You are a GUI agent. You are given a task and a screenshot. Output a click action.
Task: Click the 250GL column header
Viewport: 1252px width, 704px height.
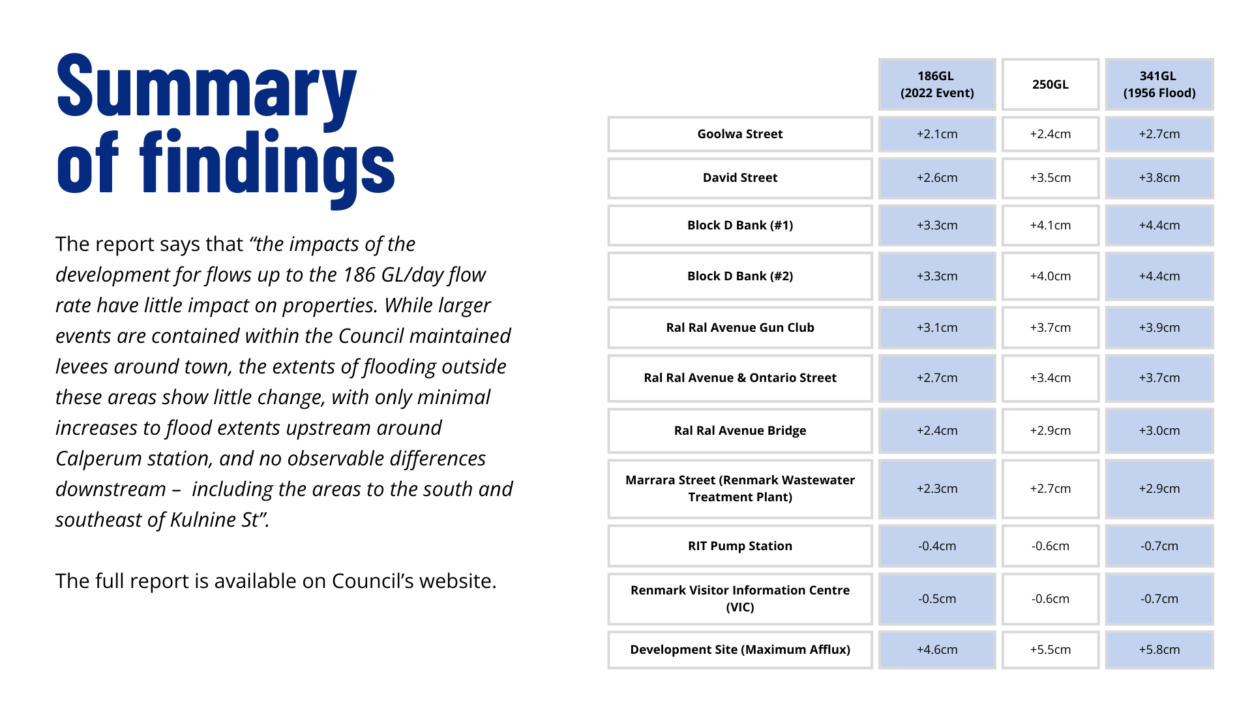[x=1051, y=85]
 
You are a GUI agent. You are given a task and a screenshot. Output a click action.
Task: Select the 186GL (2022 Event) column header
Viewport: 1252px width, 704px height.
[x=937, y=85]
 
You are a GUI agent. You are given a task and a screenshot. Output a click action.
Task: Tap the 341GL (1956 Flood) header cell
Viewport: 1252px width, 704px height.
[x=1159, y=85]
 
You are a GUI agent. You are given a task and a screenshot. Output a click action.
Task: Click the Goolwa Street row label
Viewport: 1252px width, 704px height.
[x=740, y=134]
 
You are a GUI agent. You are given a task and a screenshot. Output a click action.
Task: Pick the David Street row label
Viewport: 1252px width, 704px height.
[x=740, y=178]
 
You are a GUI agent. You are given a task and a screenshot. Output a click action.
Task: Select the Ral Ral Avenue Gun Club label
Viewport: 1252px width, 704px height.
[x=740, y=328]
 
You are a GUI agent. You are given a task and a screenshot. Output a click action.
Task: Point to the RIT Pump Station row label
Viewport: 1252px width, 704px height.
[x=740, y=546]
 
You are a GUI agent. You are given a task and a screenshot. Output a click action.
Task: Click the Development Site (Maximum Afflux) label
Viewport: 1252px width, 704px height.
[x=740, y=650]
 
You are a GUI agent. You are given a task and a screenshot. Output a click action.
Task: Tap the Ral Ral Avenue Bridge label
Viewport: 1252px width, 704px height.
[x=740, y=431]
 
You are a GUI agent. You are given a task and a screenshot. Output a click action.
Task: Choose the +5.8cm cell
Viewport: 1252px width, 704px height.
[x=1159, y=650]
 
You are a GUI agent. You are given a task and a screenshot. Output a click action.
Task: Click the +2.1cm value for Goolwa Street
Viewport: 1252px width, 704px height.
[x=937, y=134]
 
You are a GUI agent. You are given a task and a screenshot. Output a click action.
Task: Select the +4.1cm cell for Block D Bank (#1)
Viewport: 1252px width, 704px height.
[x=1051, y=226]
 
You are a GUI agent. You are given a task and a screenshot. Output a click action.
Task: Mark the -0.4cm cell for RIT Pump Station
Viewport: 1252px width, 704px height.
[x=937, y=546]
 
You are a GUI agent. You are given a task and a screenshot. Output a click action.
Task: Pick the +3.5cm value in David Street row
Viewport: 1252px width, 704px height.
[x=1051, y=178]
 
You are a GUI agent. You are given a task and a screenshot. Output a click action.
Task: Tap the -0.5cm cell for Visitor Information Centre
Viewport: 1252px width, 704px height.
[x=937, y=599]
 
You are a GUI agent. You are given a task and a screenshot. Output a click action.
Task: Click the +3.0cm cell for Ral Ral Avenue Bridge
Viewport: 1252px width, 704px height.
[x=1159, y=431]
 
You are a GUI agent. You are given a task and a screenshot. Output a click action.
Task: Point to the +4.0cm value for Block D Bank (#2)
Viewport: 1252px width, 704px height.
[x=1051, y=276]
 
